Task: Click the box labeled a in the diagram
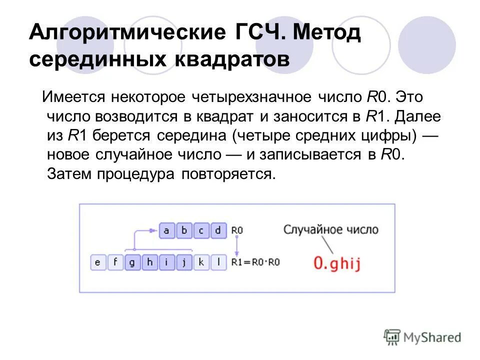(x=167, y=231)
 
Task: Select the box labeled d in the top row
(x=218, y=231)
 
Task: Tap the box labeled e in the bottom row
(x=98, y=262)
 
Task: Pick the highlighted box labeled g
(x=132, y=262)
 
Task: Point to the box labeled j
(x=184, y=262)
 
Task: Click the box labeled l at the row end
(x=218, y=262)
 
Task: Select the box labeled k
(x=201, y=262)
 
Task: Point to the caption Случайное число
(x=331, y=230)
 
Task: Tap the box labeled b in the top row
(x=184, y=231)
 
